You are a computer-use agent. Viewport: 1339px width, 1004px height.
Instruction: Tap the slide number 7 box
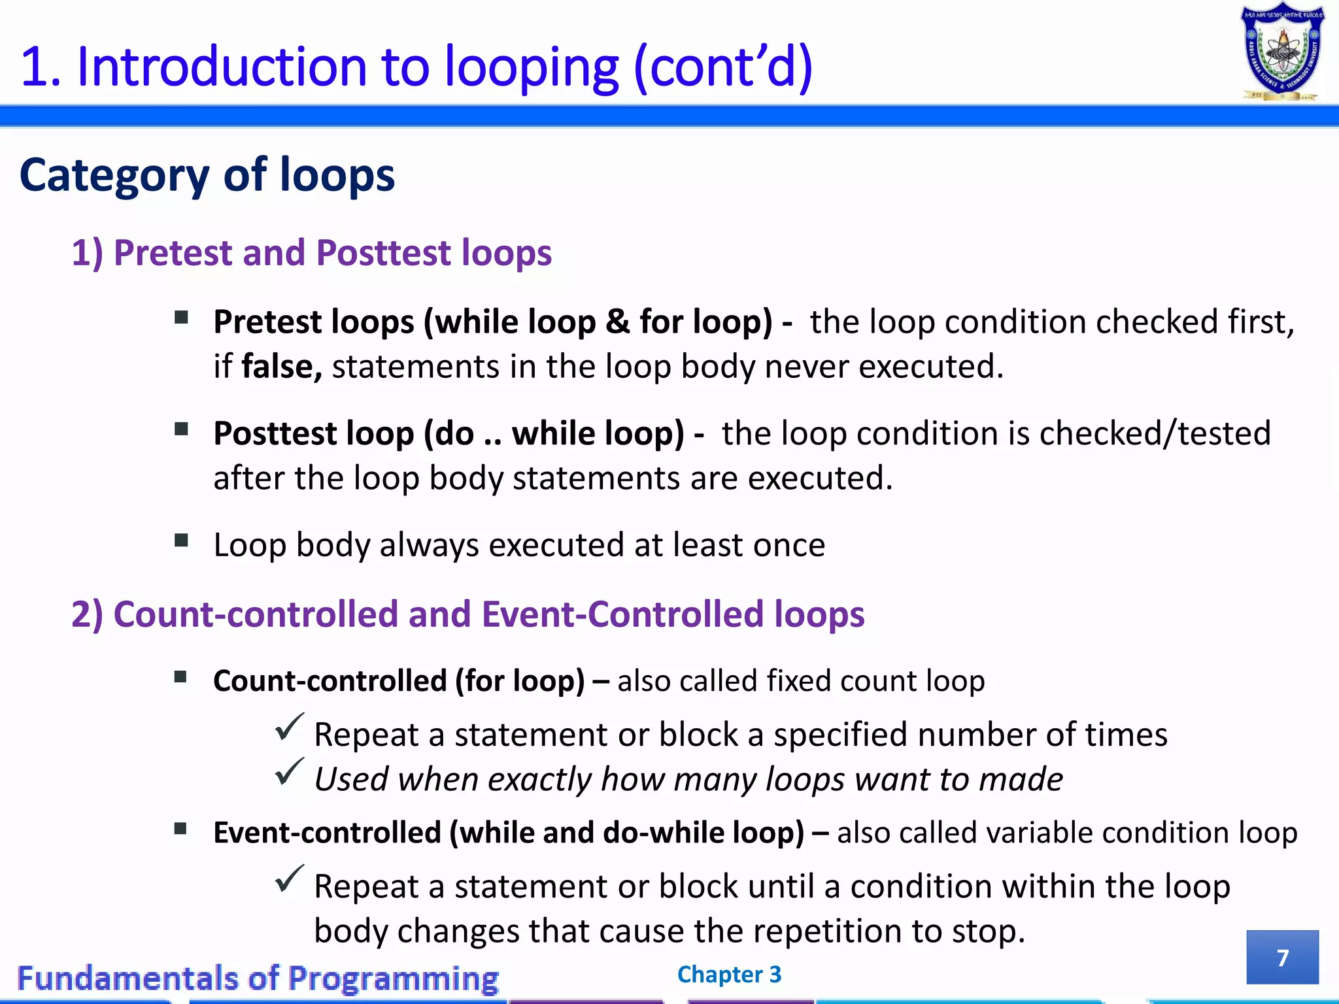coord(1282,957)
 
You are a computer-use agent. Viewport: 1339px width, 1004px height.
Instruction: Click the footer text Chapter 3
coord(729,974)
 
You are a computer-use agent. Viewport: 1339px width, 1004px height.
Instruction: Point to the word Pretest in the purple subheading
coord(173,253)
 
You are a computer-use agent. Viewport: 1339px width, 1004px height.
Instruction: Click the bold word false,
coord(282,366)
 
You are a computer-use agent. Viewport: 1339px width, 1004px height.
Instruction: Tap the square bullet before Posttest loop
coord(181,429)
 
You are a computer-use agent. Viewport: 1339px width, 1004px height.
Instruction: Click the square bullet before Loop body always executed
coord(181,541)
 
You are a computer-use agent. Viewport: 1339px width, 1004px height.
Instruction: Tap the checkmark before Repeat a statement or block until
coord(289,879)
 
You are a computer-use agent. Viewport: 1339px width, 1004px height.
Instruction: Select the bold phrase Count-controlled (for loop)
coord(399,681)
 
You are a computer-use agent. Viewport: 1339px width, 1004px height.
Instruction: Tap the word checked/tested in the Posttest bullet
coord(1155,433)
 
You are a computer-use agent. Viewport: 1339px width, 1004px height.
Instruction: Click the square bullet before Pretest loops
coord(181,318)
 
